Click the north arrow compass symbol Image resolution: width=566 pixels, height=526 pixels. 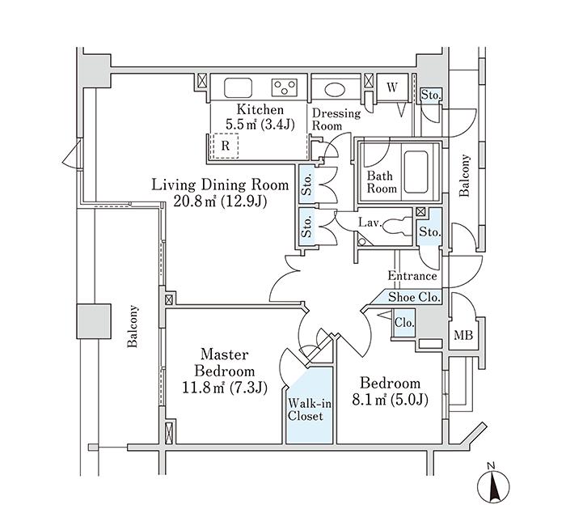tap(495, 485)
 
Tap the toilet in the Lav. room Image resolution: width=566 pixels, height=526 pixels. tap(399, 229)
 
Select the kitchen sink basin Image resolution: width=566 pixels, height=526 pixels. tap(239, 87)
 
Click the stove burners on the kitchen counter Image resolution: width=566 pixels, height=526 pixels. tap(285, 87)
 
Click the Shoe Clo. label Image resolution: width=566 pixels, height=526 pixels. tap(415, 298)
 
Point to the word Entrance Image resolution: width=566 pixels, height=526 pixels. tap(412, 276)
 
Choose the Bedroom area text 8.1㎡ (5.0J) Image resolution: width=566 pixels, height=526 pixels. tap(390, 400)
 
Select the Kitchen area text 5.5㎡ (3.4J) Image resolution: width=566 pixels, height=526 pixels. tap(259, 125)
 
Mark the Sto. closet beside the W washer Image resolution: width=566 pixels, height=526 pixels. tap(430, 95)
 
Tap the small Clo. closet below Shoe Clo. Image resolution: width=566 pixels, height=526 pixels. tap(404, 322)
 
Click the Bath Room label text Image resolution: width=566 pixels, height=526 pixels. tap(382, 181)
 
